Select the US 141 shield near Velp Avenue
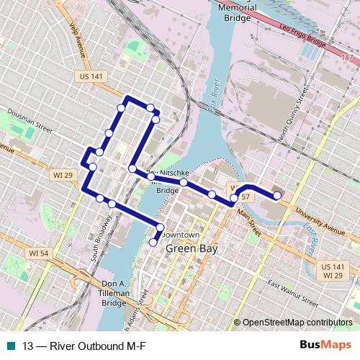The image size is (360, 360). (x=84, y=76)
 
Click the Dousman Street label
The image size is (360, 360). (x=30, y=120)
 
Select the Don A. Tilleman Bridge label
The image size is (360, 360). (x=114, y=293)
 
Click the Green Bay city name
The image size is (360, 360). (x=192, y=249)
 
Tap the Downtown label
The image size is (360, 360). (x=180, y=235)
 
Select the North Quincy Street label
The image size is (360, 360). (x=293, y=114)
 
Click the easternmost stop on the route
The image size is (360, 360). (x=277, y=194)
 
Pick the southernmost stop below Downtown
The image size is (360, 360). (x=153, y=243)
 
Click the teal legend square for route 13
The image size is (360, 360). (x=8, y=346)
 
